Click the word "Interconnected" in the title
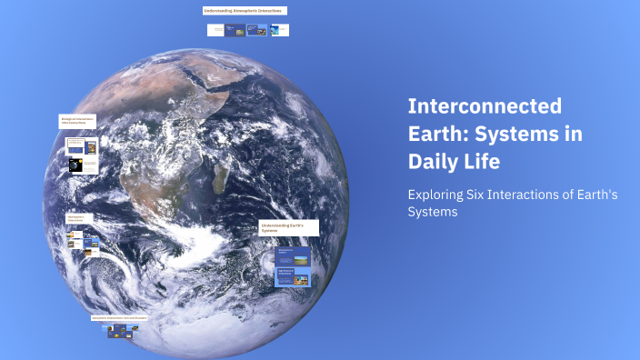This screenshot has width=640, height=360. pyautogui.click(x=485, y=106)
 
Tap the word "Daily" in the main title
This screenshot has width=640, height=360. pyautogui.click(x=437, y=162)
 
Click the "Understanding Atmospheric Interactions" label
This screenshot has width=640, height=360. pyautogui.click(x=245, y=11)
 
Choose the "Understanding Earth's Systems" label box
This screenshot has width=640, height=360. pyautogui.click(x=288, y=227)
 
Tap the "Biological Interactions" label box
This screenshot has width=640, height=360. pyautogui.click(x=77, y=120)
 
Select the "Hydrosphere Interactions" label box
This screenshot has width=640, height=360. pyautogui.click(x=79, y=219)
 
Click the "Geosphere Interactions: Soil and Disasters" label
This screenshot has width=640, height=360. pyautogui.click(x=119, y=318)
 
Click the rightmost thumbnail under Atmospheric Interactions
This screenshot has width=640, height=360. pyautogui.click(x=280, y=30)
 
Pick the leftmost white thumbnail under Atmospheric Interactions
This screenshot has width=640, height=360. pyautogui.click(x=215, y=30)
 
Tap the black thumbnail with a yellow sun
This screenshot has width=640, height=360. pyautogui.click(x=76, y=165)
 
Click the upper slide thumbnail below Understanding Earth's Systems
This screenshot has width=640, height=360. pyautogui.click(x=293, y=253)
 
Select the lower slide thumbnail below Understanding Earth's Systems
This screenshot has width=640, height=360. pyautogui.click(x=293, y=275)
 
